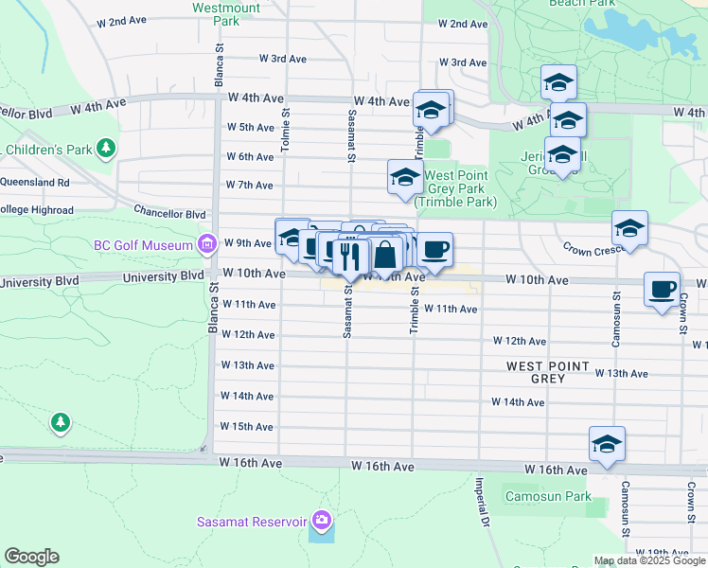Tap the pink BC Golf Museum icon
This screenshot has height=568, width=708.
click(x=205, y=245)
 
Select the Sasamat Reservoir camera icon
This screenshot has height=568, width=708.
click(x=322, y=521)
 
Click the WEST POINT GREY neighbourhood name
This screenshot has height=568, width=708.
click(x=548, y=372)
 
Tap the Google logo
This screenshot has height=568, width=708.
click(x=31, y=557)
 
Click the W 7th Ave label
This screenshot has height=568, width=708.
click(x=249, y=185)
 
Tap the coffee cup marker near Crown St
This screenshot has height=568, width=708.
click(x=662, y=288)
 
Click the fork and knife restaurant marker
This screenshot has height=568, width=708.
click(x=352, y=253)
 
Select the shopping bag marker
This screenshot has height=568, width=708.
click(x=386, y=253)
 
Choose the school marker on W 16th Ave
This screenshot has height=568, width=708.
click(x=607, y=443)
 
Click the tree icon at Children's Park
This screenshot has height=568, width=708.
click(x=106, y=149)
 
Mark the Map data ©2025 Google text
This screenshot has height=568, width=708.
click(x=649, y=560)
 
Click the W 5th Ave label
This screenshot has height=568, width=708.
click(x=250, y=127)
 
